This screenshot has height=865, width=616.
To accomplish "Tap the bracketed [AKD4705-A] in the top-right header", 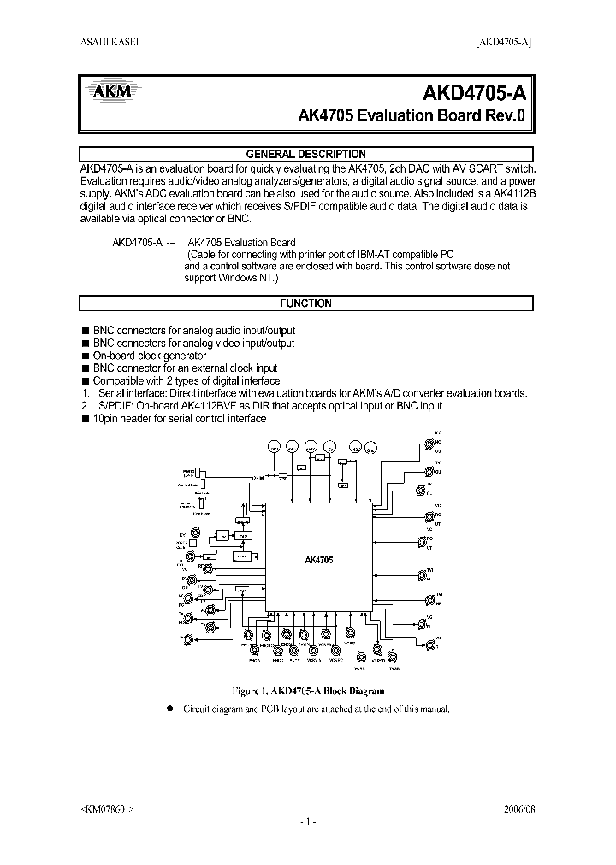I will [x=503, y=42].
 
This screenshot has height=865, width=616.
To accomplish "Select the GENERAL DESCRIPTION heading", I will [x=305, y=154].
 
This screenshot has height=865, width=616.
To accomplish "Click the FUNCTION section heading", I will [x=305, y=303].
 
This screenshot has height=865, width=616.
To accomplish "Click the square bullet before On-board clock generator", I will [x=85, y=356].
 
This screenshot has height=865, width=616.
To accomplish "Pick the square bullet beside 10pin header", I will [x=85, y=419].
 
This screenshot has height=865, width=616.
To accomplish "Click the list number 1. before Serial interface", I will [x=85, y=393].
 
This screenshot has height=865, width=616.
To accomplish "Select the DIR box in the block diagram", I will [x=246, y=535].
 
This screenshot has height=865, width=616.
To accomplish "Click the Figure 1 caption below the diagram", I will [x=308, y=690].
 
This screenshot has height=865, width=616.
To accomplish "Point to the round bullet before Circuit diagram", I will [x=169, y=709].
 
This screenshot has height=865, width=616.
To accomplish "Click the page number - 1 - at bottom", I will [x=308, y=821].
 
